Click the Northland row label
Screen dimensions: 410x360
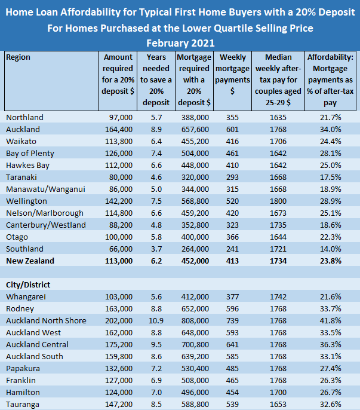pyautogui.click(x=24, y=117)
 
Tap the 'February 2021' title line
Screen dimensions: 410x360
pyautogui.click(x=180, y=43)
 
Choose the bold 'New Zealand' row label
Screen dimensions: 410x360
pyautogui.click(x=30, y=261)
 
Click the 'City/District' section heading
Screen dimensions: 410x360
pyautogui.click(x=30, y=284)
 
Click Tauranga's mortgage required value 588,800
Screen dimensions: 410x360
pyautogui.click(x=196, y=404)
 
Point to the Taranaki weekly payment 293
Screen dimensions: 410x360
pyautogui.click(x=233, y=177)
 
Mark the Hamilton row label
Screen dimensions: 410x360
pyautogui.click(x=23, y=392)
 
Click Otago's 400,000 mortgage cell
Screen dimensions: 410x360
pyautogui.click(x=196, y=237)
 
